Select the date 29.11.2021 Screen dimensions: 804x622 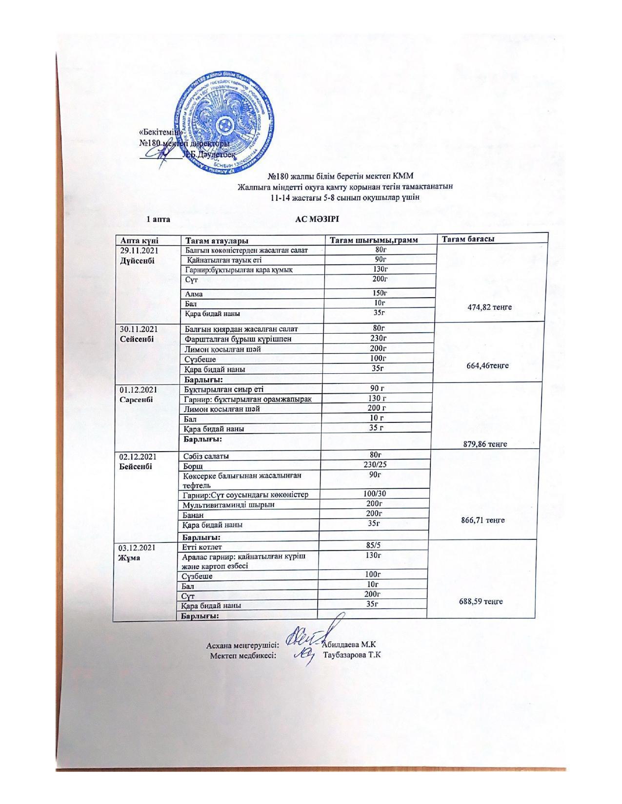tap(140, 250)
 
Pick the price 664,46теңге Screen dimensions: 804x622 tap(488, 365)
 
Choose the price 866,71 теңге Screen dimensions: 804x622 tap(482, 520)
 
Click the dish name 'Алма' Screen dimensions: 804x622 tap(194, 294)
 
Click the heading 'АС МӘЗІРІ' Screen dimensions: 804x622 tap(317, 219)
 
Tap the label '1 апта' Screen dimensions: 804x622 tap(159, 219)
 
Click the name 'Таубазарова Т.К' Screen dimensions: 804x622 tap(352, 654)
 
